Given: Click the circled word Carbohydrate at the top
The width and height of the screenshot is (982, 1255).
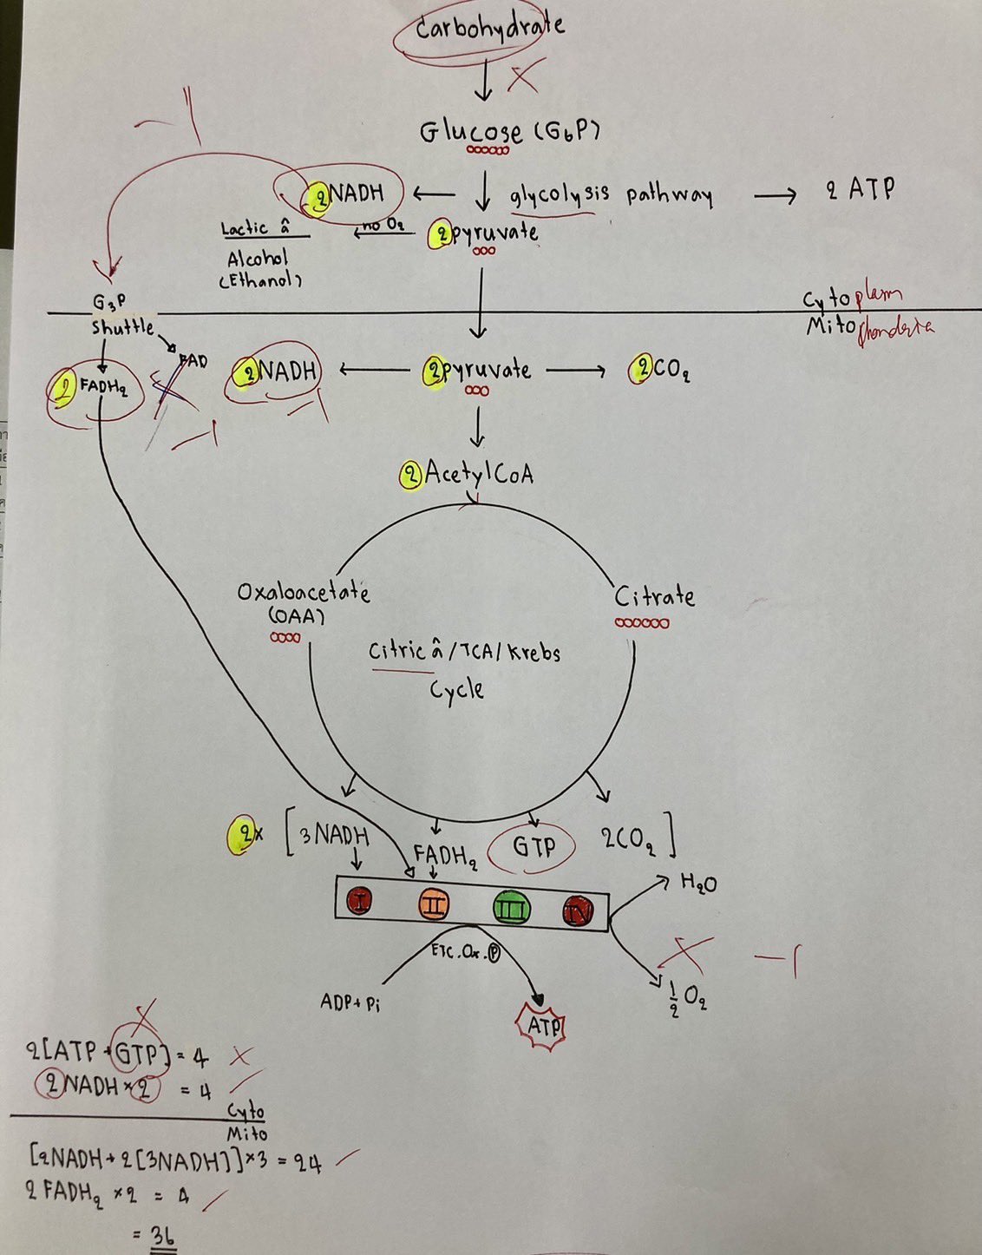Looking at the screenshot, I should pos(488,30).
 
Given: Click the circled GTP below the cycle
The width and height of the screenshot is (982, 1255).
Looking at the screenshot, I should pos(533,846).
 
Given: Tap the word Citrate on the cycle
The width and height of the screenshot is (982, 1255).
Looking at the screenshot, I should pos(655,596).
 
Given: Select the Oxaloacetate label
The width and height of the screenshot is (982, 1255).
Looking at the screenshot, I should pos(303,593).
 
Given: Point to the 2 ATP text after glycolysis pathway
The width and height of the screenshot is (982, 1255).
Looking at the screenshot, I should pos(860,190).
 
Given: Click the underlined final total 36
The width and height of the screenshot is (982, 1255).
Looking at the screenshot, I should pos(162,1236).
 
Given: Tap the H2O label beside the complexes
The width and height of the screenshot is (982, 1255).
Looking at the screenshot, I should pos(698,884).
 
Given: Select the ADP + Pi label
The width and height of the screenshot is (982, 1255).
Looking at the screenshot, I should pos(350,1002).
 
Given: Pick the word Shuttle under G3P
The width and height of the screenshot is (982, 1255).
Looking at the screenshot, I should pos(122,327).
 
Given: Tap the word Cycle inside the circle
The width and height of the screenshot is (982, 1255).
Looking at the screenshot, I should pos(456,691).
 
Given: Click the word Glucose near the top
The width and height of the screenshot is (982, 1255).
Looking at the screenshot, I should pos(471,132).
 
